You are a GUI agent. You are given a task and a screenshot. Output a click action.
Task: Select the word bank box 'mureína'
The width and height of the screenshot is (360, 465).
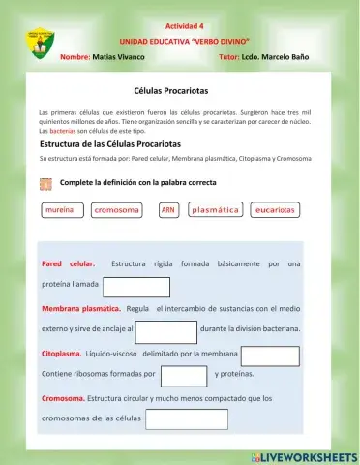coord(61,209)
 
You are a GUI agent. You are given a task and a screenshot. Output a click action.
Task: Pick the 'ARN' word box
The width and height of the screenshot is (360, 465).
coord(168,209)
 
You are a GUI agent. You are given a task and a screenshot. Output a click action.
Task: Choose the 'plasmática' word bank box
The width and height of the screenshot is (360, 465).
coord(216,209)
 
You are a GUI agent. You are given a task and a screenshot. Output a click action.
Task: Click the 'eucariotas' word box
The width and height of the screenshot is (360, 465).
coord(275,209)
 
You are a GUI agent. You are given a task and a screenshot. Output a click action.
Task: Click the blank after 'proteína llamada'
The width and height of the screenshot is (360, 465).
coord(135,287)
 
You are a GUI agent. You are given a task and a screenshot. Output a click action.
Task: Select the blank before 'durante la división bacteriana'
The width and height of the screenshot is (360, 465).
coord(165,331)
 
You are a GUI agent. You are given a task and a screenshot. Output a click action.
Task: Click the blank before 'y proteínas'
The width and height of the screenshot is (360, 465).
coord(184,375)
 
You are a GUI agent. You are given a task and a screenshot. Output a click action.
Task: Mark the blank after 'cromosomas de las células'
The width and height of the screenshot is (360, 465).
coord(186,419)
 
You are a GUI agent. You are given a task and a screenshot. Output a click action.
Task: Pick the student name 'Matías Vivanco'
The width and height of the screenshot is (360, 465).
coord(118,57)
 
